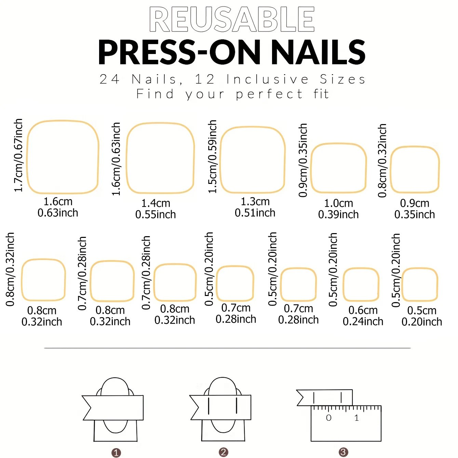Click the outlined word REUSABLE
pos(232,19)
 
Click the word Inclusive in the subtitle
pos(268,79)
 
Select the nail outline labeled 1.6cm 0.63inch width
pos(63,157)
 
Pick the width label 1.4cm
pos(156,203)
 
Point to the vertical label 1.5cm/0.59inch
pos(212,157)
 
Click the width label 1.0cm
pos(338,203)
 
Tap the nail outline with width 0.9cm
pos(415,170)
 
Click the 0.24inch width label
pos(363,321)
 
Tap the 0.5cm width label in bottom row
pos(422,310)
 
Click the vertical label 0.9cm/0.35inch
pos(303,160)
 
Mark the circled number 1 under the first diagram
pos(116,453)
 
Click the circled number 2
pos(224,452)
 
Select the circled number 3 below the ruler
pos(343,452)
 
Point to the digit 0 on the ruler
pos(328,418)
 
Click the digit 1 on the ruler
pos(356,418)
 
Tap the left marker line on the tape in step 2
pos(208,406)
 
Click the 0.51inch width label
pos(255,213)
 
